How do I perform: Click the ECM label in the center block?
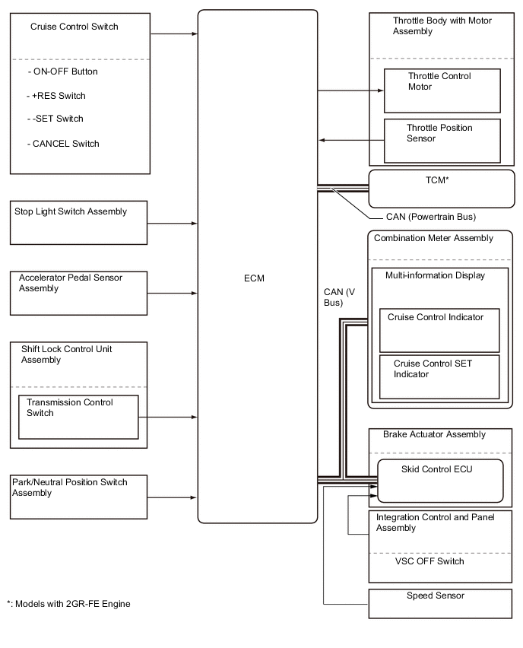255,278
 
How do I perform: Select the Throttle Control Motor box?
442,91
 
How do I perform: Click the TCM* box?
441,189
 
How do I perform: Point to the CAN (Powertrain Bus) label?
430,217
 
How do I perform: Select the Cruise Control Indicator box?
439,329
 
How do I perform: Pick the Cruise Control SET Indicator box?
439,376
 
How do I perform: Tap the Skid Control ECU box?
440,481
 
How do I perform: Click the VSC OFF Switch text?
429,561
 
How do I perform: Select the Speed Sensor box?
440,603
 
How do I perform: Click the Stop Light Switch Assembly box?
78,223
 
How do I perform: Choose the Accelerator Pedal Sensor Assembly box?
78,293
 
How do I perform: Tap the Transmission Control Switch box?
78,416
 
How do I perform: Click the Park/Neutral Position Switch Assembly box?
78,497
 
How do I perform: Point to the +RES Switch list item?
56,96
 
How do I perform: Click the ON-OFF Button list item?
63,71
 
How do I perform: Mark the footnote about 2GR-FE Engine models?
68,604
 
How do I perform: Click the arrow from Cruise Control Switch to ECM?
173,34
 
